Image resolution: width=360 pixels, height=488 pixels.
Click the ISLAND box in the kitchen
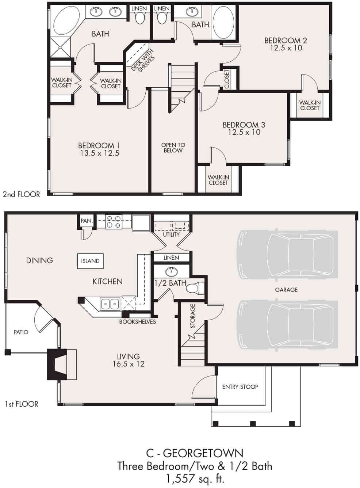pos(90,261)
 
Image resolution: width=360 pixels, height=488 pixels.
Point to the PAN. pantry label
pos(87,221)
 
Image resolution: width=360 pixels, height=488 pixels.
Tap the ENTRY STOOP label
pos(240,387)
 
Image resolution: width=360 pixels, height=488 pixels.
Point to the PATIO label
pos(21,332)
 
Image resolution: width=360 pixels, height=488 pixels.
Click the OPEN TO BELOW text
pos(173,148)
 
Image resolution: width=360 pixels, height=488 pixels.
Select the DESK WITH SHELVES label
pos(143,60)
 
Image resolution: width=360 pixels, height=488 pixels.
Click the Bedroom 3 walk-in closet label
pos(218,180)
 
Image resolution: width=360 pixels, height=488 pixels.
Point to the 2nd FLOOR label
pos(21,194)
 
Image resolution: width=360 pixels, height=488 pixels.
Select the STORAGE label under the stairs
pos(192,316)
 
